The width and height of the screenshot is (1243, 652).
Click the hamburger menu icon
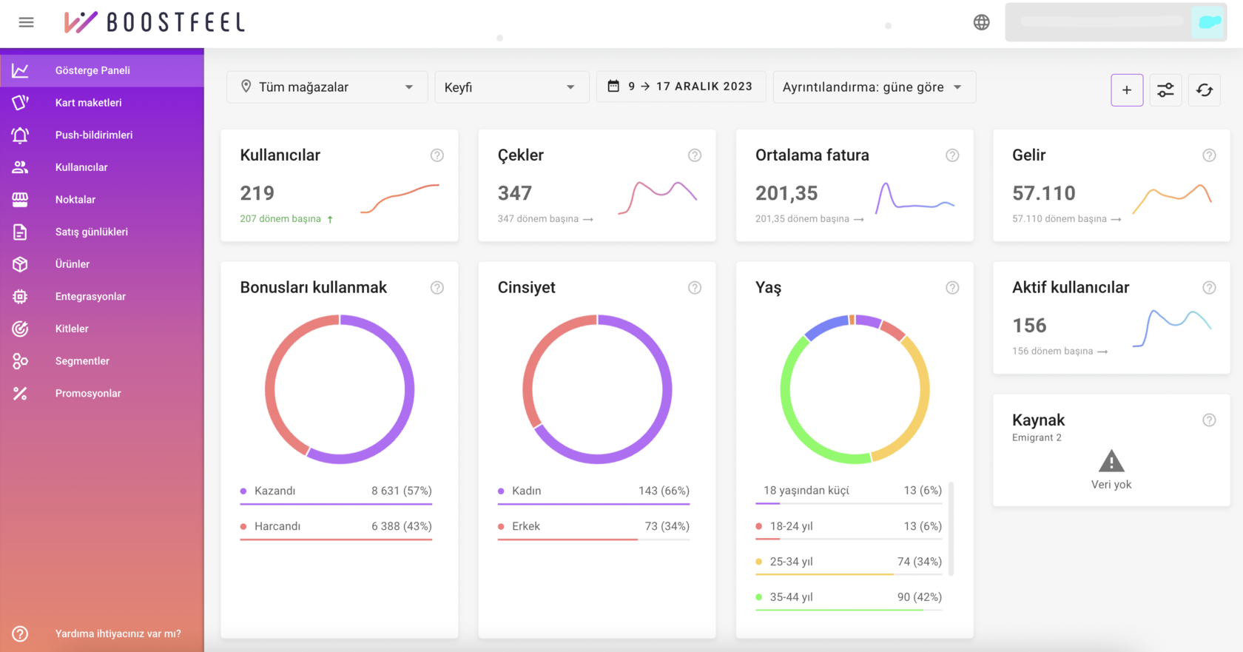click(26, 22)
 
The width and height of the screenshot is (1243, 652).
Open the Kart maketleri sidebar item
click(88, 103)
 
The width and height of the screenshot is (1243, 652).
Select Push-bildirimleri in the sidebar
click(94, 135)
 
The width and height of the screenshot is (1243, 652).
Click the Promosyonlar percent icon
click(20, 394)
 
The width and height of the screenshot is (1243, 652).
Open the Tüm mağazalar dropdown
click(327, 87)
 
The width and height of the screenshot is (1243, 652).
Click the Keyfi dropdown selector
click(512, 87)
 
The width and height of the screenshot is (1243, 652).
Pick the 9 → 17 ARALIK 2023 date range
click(681, 87)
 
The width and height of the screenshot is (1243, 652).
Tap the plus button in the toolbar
click(1126, 90)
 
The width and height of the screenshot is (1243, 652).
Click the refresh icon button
click(1205, 90)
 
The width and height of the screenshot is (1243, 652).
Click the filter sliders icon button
click(1165, 90)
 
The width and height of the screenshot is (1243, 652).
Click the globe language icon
click(981, 22)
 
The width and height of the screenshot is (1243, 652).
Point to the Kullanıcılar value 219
click(257, 193)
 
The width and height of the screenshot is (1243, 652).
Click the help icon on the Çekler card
click(694, 155)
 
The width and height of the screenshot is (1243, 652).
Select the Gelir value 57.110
click(1044, 193)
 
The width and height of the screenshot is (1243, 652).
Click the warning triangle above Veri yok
click(1111, 461)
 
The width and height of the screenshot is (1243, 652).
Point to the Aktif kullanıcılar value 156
click(1029, 325)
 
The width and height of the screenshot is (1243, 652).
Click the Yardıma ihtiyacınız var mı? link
click(118, 633)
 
